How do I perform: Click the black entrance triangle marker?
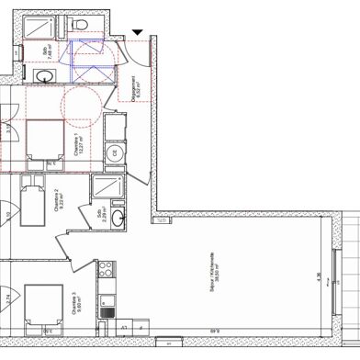tap(137, 34)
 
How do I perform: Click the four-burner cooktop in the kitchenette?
tap(106, 270)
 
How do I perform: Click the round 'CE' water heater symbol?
tap(115, 152)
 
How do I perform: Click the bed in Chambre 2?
tap(34, 199)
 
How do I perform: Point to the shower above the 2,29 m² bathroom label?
tap(107, 186)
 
